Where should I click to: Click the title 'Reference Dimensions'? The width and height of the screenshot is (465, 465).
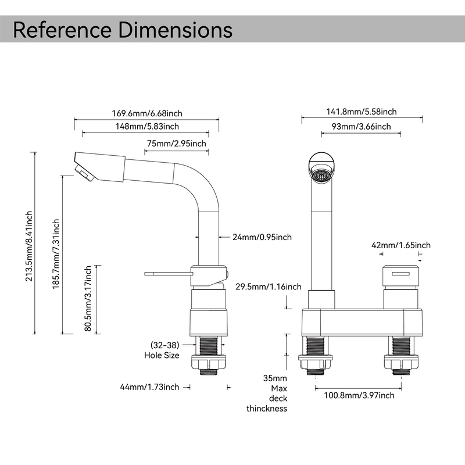123,29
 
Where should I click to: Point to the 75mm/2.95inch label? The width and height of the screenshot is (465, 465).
176,144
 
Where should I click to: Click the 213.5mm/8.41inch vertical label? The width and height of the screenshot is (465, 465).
30,246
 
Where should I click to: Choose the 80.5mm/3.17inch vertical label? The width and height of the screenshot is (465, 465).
88,299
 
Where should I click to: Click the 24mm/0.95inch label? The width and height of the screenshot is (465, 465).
262,237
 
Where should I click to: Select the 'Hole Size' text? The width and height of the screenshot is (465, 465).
162,355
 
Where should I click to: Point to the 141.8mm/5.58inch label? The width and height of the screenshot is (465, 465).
361,112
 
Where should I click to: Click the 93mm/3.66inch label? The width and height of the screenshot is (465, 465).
361,127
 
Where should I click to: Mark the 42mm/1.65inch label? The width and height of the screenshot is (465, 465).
401,245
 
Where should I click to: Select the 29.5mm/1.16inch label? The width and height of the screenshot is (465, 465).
268,287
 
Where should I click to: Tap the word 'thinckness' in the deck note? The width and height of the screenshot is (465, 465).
267,409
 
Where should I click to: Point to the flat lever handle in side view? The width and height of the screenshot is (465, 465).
167,272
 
